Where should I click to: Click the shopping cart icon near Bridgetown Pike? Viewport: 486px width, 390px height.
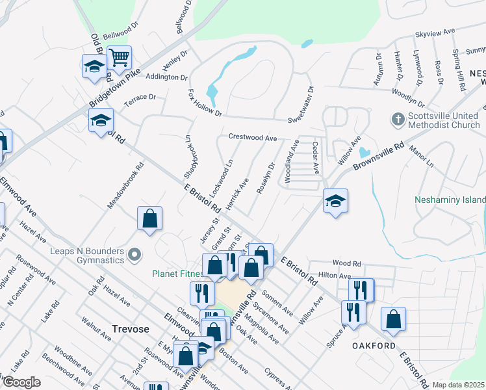click(119, 58)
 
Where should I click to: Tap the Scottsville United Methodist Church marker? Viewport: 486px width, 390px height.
click(396, 120)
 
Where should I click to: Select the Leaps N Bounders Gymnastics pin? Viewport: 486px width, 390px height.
click(134, 254)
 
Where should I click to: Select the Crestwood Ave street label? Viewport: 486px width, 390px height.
click(253, 138)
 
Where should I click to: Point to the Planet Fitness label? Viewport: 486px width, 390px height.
click(175, 274)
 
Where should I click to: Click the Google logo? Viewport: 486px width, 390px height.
click(21, 382)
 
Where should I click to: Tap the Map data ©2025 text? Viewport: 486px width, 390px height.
click(457, 385)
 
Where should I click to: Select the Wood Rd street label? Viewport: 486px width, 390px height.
click(346, 263)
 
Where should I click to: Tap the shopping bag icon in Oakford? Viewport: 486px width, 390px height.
click(393, 319)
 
